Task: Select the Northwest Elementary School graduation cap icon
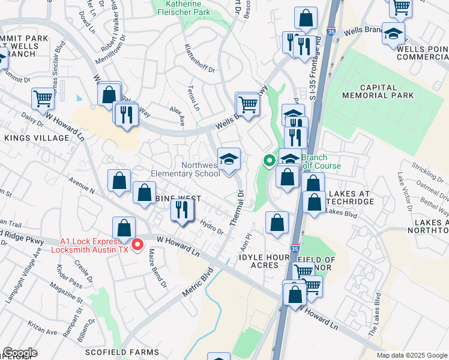[x=229, y=159]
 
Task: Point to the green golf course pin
[x=269, y=160]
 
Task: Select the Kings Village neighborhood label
[x=37, y=138]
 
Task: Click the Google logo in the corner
[x=20, y=353]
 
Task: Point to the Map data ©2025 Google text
[x=412, y=355]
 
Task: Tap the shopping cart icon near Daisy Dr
[x=43, y=99]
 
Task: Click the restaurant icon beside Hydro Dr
[x=181, y=209]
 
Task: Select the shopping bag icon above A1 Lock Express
[x=124, y=229]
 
